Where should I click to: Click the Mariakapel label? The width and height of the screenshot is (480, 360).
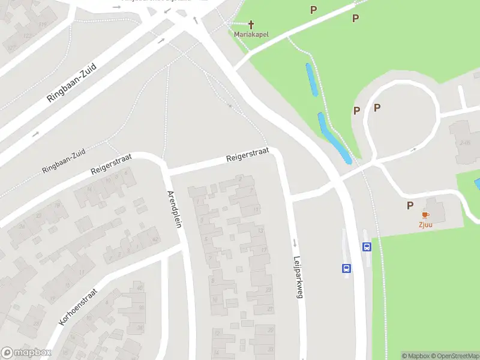(251, 34)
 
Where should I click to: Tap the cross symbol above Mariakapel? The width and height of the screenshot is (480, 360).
(251, 25)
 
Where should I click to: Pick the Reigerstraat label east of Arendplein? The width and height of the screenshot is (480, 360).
(247, 154)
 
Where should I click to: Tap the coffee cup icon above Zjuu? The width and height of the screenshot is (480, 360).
(425, 215)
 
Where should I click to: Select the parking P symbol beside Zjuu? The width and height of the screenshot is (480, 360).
(410, 205)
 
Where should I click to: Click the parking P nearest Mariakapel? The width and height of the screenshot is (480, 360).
(313, 10)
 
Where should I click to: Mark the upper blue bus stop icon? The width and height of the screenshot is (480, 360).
(366, 246)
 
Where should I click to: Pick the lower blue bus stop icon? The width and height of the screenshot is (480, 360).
(346, 268)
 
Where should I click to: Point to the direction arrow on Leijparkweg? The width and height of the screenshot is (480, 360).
(295, 243)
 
